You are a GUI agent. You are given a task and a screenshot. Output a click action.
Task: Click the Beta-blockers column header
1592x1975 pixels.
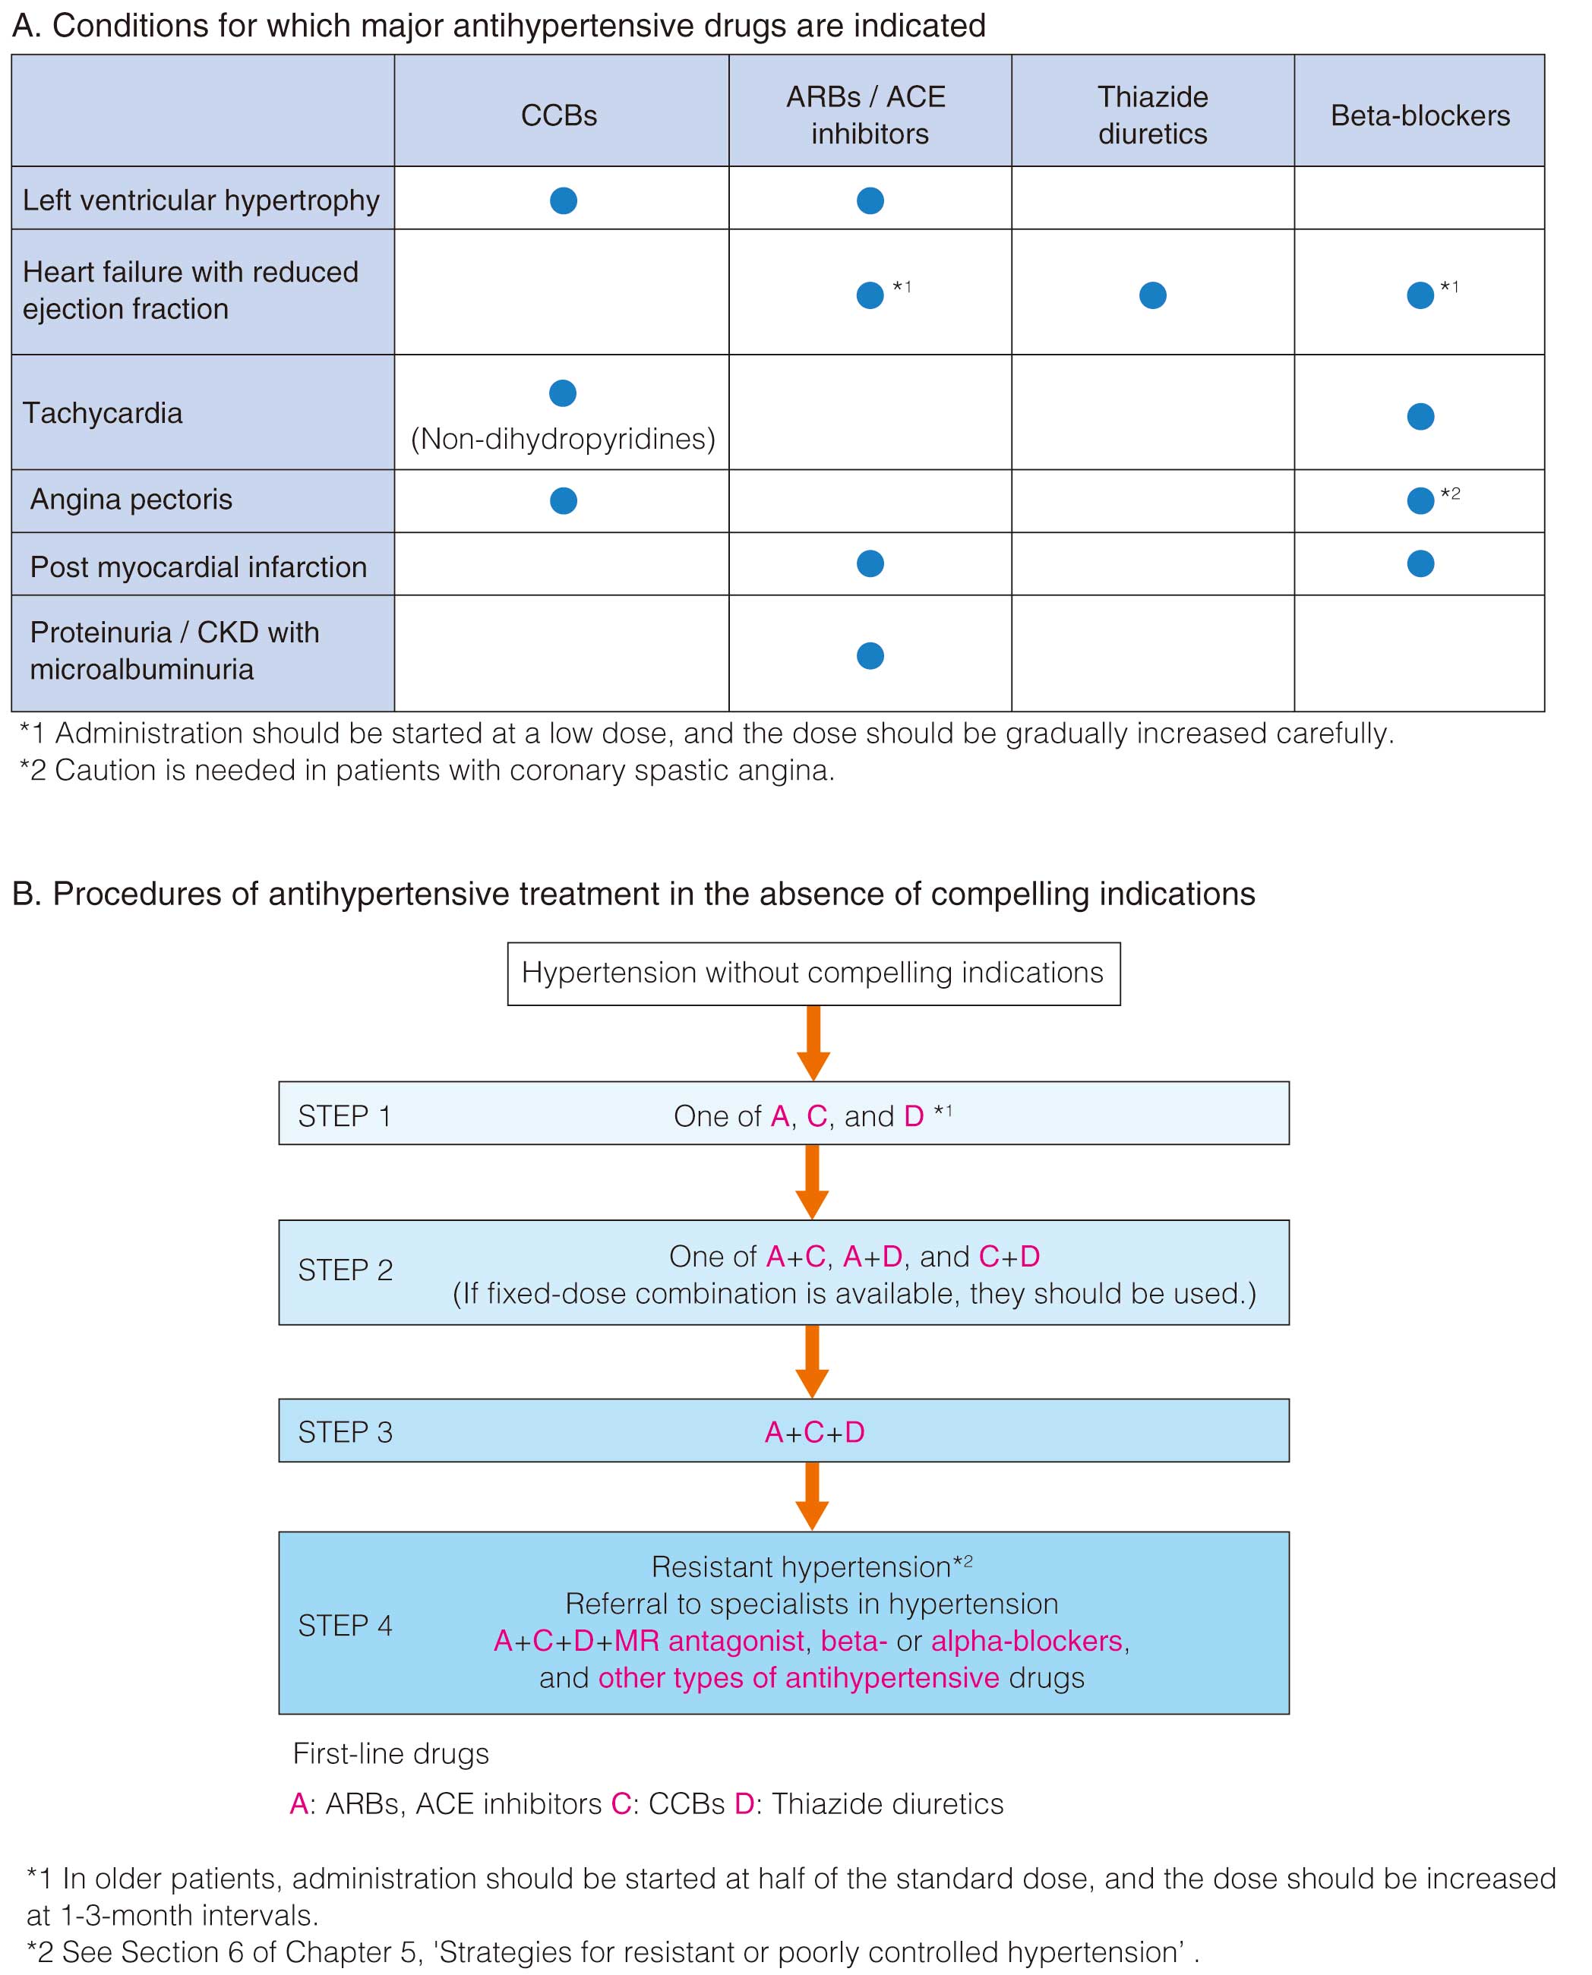[x=1420, y=115]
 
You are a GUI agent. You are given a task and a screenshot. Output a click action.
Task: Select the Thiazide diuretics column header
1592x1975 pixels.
[x=1153, y=115]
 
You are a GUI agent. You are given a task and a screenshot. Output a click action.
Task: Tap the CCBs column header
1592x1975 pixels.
[x=558, y=115]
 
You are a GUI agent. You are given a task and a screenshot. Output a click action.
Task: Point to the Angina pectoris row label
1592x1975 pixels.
[x=131, y=499]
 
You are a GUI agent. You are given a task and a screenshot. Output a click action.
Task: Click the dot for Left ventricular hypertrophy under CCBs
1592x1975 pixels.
[x=563, y=200]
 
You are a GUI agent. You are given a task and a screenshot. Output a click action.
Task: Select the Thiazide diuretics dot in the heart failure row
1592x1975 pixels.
[x=1153, y=295]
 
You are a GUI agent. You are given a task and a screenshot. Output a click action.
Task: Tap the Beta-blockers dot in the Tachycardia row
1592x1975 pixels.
[x=1420, y=416]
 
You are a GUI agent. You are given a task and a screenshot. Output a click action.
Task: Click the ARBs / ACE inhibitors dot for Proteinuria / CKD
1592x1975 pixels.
[x=870, y=655]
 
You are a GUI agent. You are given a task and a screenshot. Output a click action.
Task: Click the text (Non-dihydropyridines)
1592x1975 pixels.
[x=562, y=439]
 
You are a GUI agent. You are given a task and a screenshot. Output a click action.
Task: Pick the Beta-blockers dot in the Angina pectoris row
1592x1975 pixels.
[x=1420, y=500]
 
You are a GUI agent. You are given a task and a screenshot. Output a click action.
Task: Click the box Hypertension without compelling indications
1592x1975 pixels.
[x=813, y=973]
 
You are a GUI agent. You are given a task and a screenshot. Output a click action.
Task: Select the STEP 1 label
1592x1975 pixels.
[x=345, y=1116]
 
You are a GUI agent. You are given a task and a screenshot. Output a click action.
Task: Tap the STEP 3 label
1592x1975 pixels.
[x=345, y=1432]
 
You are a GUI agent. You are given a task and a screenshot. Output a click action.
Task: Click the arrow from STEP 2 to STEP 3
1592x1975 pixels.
[x=813, y=1361]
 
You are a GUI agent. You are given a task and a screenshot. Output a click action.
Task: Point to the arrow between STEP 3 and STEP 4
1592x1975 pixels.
[x=813, y=1497]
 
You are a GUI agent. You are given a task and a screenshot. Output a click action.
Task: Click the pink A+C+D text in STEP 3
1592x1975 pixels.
[x=814, y=1432]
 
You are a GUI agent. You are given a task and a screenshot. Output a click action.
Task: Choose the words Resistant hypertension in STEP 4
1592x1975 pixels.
[x=801, y=1567]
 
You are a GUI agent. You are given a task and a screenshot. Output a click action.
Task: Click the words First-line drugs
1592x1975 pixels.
[x=390, y=1754]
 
